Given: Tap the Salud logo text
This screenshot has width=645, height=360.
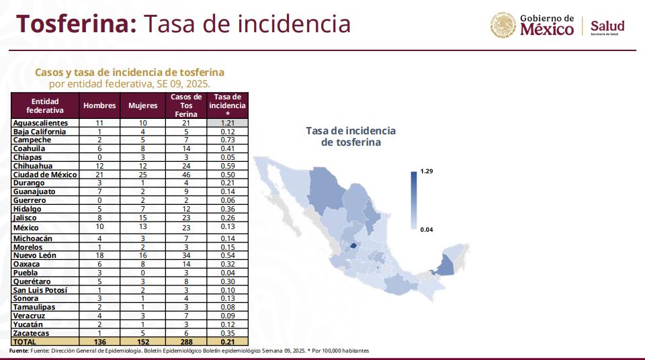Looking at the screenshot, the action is tap(607, 26).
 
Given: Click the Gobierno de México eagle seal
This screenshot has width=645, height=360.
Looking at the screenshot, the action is tap(503, 26).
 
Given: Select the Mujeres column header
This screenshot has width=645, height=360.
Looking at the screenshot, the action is tap(142, 105).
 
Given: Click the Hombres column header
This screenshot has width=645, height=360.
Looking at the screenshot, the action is tap(99, 105).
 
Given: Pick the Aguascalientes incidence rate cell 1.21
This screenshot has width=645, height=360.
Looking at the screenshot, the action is tap(228, 123).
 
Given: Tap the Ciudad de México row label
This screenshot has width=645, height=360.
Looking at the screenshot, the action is tap(45, 175).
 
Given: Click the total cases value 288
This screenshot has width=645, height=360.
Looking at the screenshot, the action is tap(186, 342).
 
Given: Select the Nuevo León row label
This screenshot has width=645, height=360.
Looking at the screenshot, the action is tap(34, 255).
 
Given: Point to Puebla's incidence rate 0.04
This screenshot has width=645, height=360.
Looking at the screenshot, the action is tap(228, 273).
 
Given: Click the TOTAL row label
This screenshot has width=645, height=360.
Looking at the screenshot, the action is tap(25, 342).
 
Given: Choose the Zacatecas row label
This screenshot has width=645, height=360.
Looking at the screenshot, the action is tap(31, 333).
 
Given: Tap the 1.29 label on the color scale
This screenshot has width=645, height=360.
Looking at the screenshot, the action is tap(427, 171).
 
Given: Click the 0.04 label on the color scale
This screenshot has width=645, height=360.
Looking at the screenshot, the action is tap(427, 230).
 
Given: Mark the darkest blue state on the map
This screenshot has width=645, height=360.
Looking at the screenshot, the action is tap(353, 246).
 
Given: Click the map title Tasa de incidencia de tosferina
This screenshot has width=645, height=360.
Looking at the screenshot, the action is tap(351, 136).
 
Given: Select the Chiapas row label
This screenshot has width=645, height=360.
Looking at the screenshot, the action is tap(28, 157).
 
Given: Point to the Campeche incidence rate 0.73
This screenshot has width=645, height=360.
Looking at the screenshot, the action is tap(228, 140).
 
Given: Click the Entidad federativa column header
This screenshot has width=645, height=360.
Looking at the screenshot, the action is tap(45, 105).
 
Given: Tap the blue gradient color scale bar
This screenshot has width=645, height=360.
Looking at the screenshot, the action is tap(414, 200).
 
